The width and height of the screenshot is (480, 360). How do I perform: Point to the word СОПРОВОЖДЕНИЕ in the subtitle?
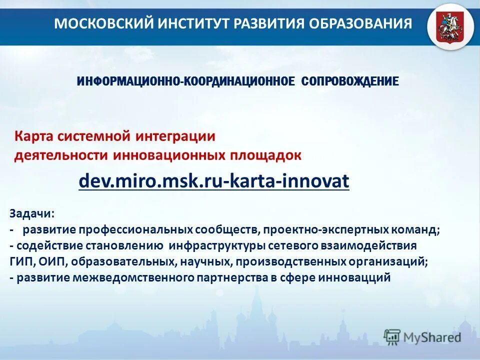[x=350, y=81]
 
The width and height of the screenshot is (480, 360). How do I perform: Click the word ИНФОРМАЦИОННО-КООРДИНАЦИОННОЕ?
[x=186, y=81]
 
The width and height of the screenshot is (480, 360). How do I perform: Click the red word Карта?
[x=32, y=136]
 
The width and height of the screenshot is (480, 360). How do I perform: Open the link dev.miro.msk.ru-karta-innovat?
[x=214, y=181]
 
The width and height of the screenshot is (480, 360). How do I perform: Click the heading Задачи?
[x=32, y=213]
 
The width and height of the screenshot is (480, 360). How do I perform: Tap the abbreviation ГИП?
[x=20, y=262]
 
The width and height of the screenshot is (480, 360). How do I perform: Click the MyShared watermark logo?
[x=422, y=337]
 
